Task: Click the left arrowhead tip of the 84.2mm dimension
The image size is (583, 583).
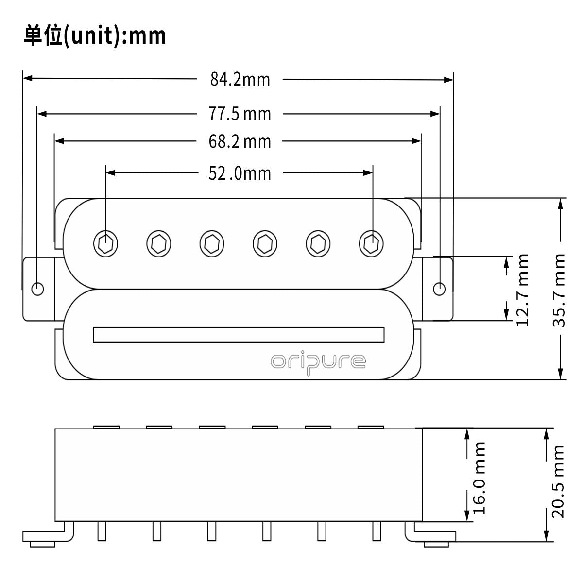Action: [x=23, y=78]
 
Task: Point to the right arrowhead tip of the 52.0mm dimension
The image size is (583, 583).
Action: [x=373, y=173]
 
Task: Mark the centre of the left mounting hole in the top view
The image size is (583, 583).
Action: [x=37, y=289]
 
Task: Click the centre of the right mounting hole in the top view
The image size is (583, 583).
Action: [x=439, y=289]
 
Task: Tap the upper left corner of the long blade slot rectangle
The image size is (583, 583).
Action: [x=93, y=327]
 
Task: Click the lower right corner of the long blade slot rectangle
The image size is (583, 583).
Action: [x=384, y=342]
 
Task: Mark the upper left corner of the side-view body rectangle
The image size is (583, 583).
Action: [x=55, y=429]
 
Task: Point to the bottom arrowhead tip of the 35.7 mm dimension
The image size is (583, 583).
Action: [x=560, y=379]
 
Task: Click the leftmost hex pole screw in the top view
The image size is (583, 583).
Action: [x=105, y=243]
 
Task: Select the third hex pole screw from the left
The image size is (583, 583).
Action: [x=212, y=243]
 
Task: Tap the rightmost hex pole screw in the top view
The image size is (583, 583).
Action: [x=371, y=243]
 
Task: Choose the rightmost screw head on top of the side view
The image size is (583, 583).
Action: [x=371, y=427]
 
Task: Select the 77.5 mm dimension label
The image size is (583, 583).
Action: [x=240, y=114]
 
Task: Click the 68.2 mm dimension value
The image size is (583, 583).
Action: [x=240, y=141]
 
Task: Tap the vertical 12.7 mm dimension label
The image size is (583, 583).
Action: [x=522, y=290]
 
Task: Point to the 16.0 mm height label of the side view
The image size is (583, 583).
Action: [x=479, y=478]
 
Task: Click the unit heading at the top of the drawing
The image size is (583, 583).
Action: [x=95, y=35]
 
